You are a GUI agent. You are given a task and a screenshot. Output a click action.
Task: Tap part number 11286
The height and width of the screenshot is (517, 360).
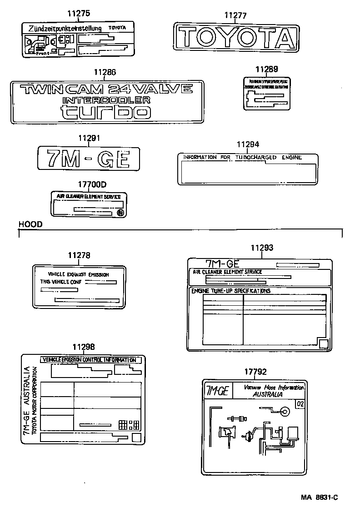(105, 72)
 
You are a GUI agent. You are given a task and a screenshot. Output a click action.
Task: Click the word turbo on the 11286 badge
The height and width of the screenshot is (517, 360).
(105, 111)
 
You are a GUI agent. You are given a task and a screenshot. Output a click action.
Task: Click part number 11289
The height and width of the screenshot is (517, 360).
(266, 70)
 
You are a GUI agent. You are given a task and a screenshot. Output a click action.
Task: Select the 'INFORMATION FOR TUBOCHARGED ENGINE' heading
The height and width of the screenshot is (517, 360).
(242, 158)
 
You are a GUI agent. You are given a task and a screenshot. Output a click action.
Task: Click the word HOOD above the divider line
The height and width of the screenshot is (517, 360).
(30, 224)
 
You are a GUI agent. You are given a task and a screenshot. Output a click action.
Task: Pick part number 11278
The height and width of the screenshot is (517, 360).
(79, 256)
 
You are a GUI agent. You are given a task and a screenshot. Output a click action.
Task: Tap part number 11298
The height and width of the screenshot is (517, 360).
(84, 347)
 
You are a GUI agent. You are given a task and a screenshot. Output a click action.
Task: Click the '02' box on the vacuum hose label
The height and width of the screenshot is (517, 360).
(300, 404)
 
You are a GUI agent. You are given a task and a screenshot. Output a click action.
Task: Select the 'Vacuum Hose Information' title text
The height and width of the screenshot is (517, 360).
(274, 388)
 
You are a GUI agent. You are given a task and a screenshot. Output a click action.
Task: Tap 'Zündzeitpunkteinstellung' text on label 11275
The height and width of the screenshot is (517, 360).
(65, 29)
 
